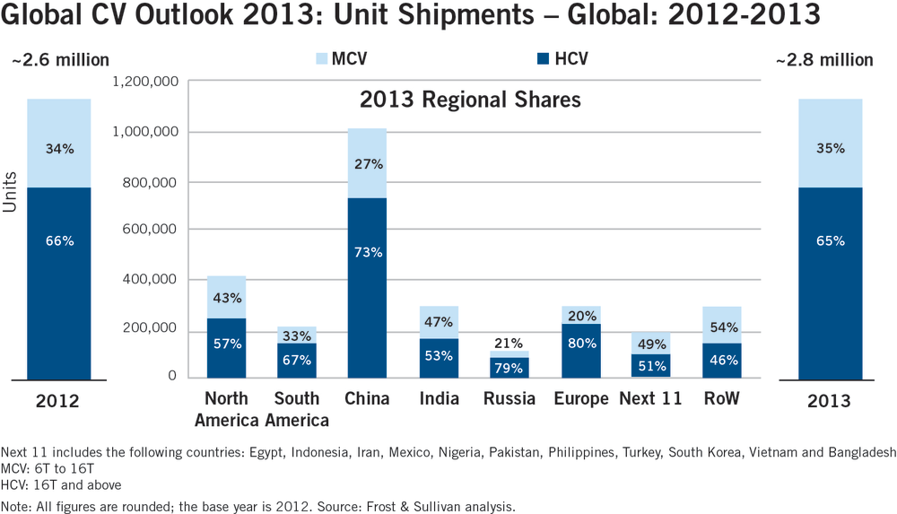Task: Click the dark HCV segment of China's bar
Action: click(369, 287)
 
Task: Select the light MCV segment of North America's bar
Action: click(226, 297)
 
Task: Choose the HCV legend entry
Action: click(562, 60)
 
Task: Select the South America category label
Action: click(297, 409)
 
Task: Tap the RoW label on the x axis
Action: click(721, 398)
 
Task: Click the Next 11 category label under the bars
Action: click(650, 398)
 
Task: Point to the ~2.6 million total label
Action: click(59, 60)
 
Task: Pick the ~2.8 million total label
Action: click(824, 60)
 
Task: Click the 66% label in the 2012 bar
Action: click(60, 240)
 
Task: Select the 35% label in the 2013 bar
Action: click(830, 149)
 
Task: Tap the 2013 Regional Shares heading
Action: click(470, 100)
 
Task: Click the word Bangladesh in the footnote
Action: click(858, 452)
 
